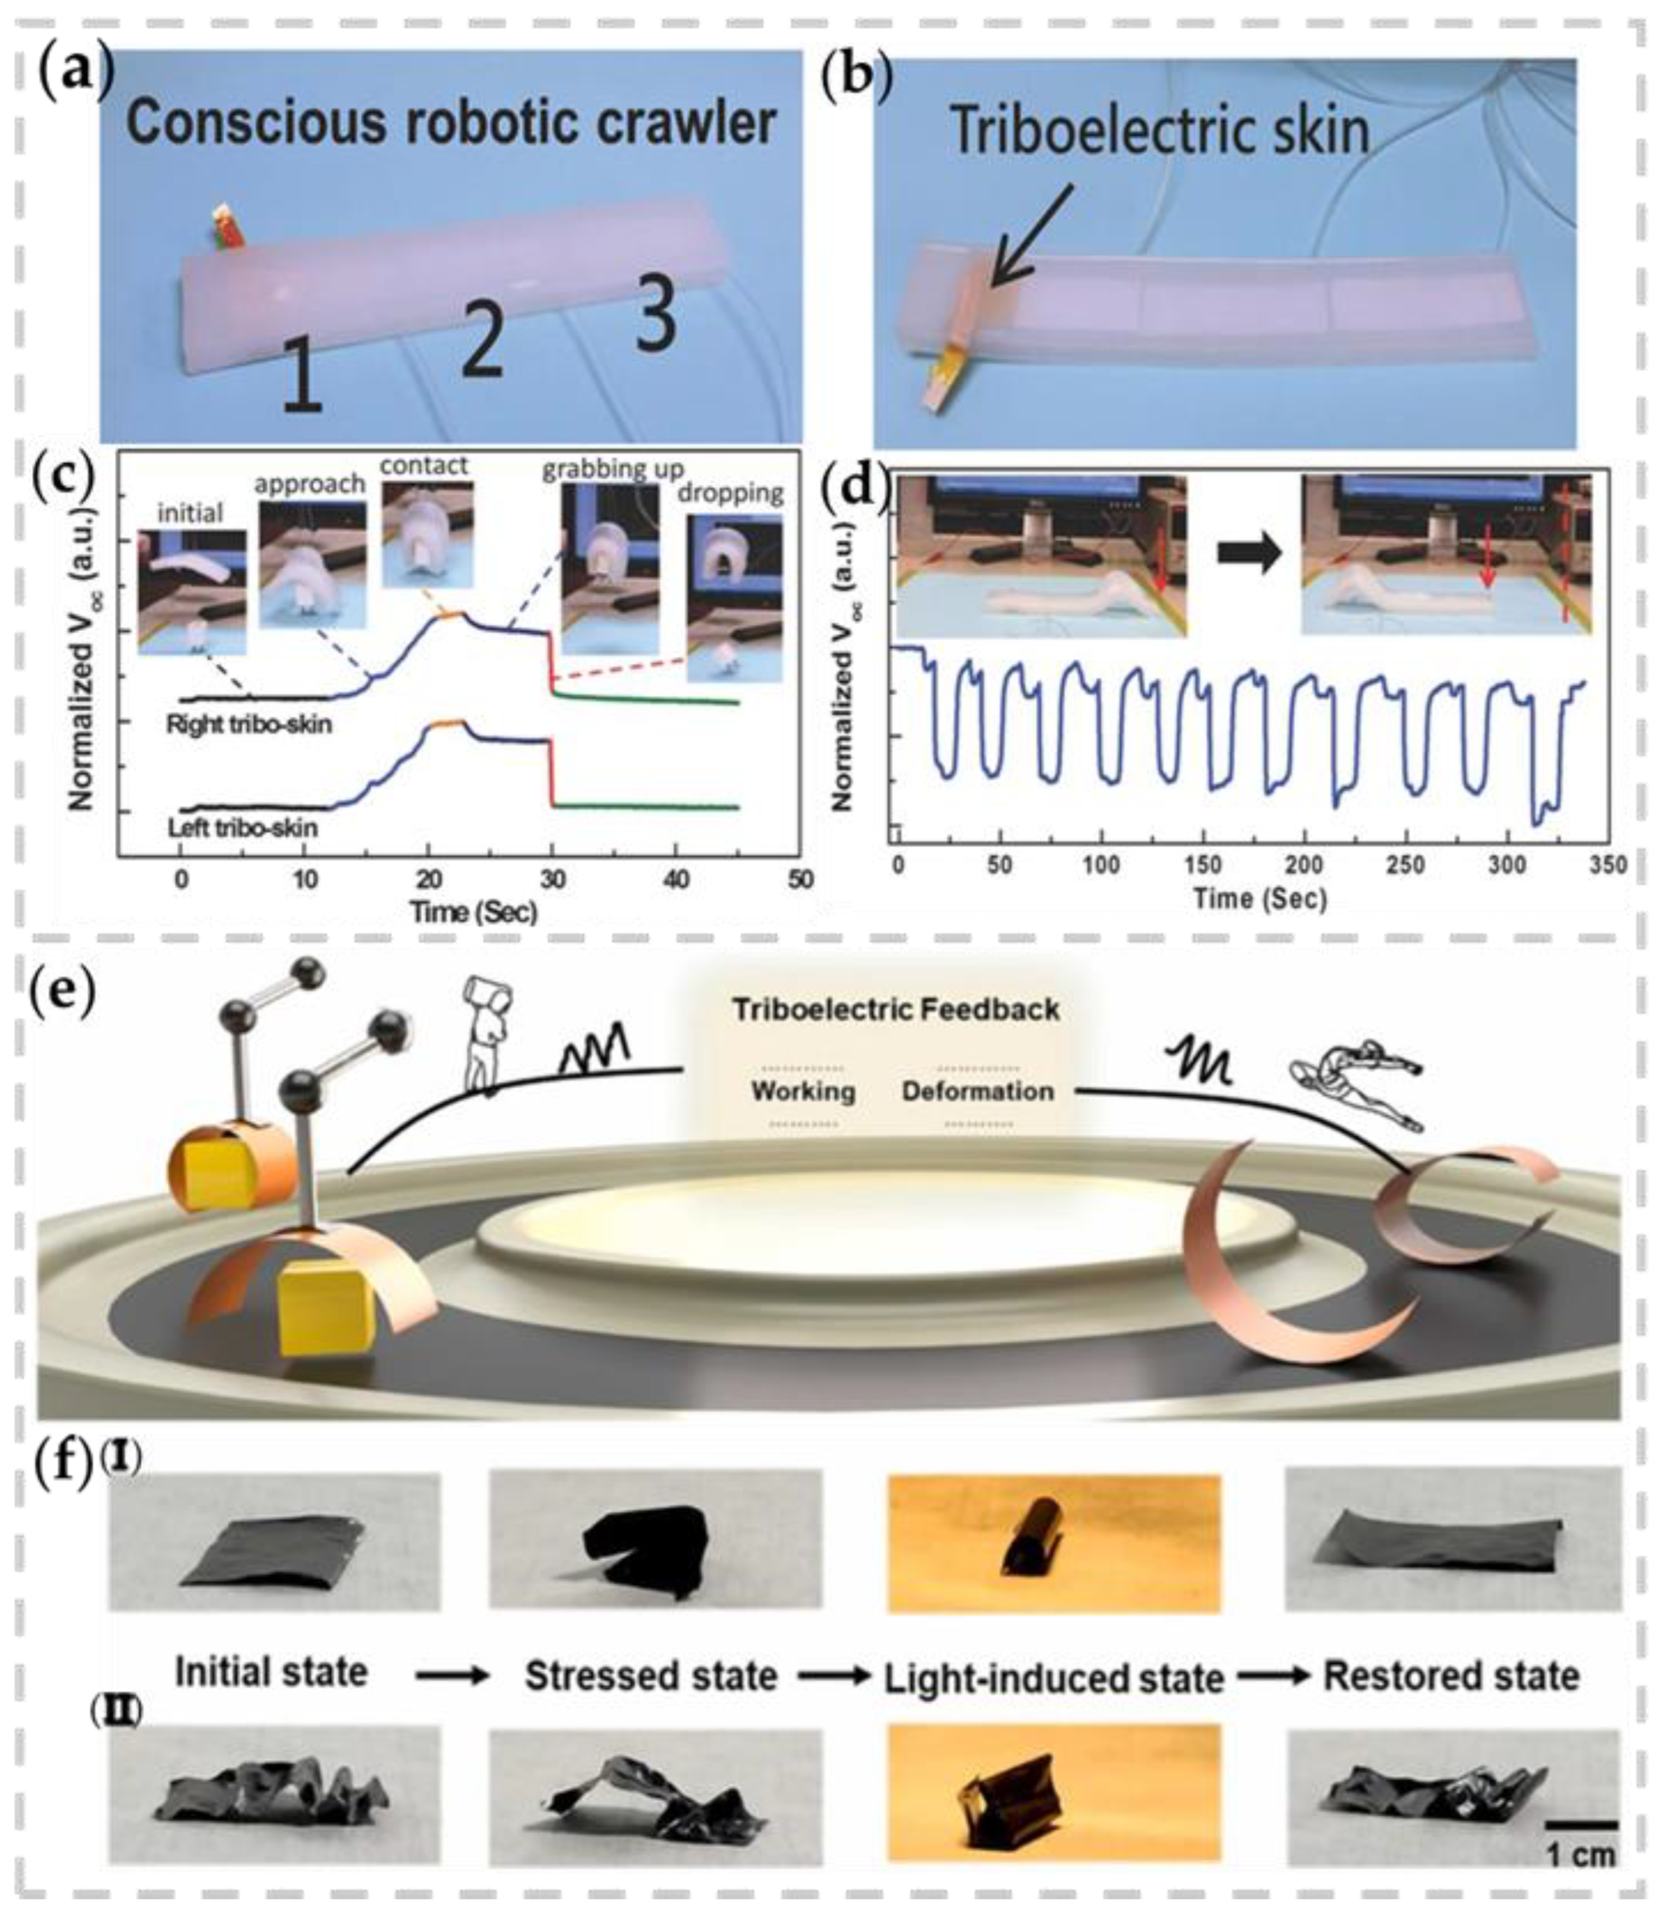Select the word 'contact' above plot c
pos(424,465)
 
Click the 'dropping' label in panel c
pos(730,493)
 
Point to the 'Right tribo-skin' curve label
pos(248,724)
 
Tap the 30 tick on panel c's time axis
pos(552,879)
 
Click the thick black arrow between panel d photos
pos(1248,555)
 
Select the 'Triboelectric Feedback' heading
pos(895,1009)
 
